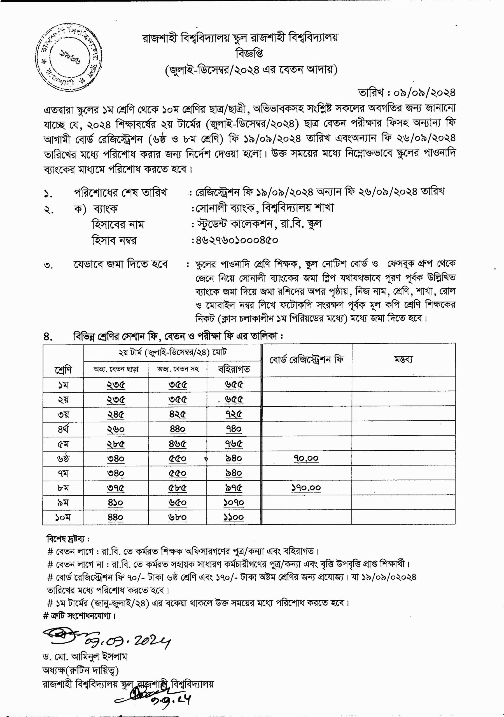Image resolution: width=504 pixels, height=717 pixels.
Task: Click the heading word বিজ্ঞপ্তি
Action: coord(249,53)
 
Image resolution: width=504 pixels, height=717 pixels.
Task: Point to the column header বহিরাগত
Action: coord(234,369)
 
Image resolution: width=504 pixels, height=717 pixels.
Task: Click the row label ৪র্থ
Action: coord(63,429)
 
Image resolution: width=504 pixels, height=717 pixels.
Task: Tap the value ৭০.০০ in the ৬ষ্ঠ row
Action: coord(306,458)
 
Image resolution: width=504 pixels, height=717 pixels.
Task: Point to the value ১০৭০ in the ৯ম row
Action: coord(234,503)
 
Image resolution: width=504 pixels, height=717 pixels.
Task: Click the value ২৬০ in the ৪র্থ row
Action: coord(116,429)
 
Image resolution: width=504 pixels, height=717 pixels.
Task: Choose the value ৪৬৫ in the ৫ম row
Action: coord(178,444)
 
